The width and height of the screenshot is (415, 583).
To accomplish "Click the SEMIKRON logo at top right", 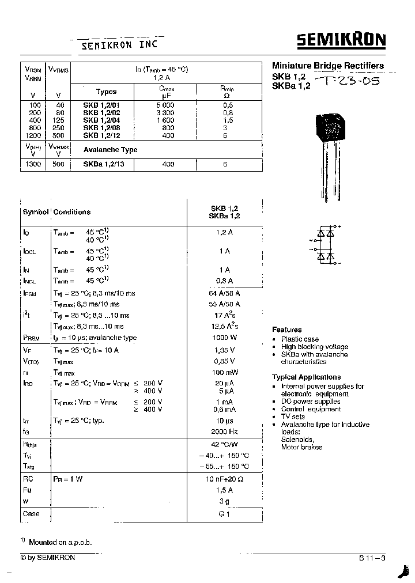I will click(x=341, y=40).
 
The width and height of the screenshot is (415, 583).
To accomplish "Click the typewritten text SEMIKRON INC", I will click(x=118, y=44).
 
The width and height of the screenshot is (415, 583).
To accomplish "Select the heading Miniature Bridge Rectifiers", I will click(x=327, y=66).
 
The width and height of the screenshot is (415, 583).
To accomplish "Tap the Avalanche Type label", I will click(x=110, y=149).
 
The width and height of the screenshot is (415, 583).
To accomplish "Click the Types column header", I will click(x=106, y=92).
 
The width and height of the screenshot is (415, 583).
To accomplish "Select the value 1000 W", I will click(x=224, y=338).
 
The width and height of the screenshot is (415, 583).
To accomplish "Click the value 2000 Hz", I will click(x=224, y=431).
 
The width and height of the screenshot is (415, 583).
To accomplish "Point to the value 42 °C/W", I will click(x=224, y=445).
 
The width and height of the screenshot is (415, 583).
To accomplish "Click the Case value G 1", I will click(x=224, y=514).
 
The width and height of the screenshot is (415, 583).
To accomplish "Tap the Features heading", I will click(x=286, y=330).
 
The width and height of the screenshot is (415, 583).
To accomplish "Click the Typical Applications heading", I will click(x=306, y=377).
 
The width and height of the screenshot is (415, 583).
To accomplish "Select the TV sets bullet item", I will click(x=293, y=417).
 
